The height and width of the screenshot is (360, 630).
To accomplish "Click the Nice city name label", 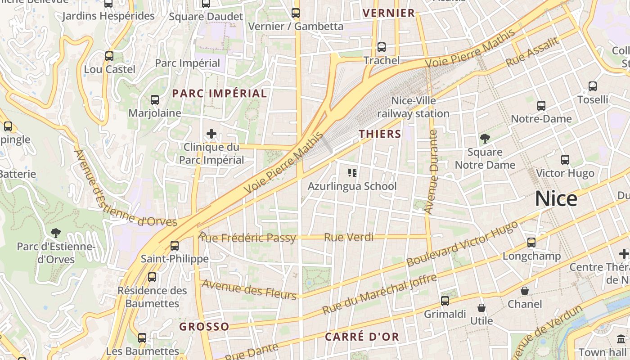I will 556,199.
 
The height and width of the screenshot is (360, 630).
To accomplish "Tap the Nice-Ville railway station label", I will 413,107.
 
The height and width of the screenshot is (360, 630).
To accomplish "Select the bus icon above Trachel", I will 382,47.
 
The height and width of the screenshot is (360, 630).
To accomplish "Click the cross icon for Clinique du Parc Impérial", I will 211,133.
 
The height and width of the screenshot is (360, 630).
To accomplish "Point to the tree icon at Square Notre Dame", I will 485,138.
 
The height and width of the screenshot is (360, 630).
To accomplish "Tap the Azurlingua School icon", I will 352,172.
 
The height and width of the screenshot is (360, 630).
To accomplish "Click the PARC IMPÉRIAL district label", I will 220,94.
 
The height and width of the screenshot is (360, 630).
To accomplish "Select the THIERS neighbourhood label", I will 380,134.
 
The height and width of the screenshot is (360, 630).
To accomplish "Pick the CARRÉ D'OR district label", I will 362,337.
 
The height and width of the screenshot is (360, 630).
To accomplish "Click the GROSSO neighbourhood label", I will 204,327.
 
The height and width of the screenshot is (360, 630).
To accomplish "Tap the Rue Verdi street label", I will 349,237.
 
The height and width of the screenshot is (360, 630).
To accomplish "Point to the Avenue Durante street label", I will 431,172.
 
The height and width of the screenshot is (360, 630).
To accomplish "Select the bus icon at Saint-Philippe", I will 175,246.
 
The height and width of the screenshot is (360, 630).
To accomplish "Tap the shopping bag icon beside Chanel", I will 525,291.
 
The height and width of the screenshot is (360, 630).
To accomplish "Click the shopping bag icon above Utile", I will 481,308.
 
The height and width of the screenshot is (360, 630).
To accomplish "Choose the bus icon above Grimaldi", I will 445,301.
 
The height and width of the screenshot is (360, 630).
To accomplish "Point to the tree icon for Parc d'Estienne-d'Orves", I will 56,233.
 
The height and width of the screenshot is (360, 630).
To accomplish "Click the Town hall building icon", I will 621,339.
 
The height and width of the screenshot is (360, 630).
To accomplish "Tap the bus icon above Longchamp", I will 531,243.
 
